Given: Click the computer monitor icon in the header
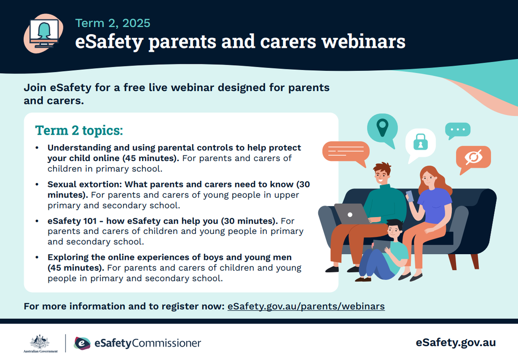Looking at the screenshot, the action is point(44,33).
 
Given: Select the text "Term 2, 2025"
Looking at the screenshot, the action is point(113,23).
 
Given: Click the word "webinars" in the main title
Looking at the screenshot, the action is point(363,41).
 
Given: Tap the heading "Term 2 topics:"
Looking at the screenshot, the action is point(79,130).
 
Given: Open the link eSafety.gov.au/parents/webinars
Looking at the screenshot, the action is point(306,306).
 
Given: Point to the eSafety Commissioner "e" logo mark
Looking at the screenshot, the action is point(82,343).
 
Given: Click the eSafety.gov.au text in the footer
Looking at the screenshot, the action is point(455,343).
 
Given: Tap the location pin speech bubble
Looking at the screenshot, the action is point(382,130).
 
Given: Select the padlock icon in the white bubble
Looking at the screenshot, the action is point(420,142).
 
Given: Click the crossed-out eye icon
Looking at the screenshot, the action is point(474,157).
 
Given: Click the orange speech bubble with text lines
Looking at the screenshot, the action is point(346,153).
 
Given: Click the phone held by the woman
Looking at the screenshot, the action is point(410,196).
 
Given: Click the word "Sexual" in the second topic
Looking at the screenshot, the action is point(62,184).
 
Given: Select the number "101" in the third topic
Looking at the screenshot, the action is point(90,221).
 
